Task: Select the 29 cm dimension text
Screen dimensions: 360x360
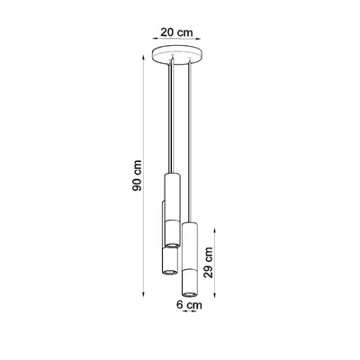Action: click(210, 261)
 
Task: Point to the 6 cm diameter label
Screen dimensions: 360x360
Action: click(188, 306)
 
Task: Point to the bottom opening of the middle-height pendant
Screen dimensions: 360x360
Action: click(166, 268)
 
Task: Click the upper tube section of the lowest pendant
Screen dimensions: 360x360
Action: click(189, 243)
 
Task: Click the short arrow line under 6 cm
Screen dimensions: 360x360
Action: click(189, 315)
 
